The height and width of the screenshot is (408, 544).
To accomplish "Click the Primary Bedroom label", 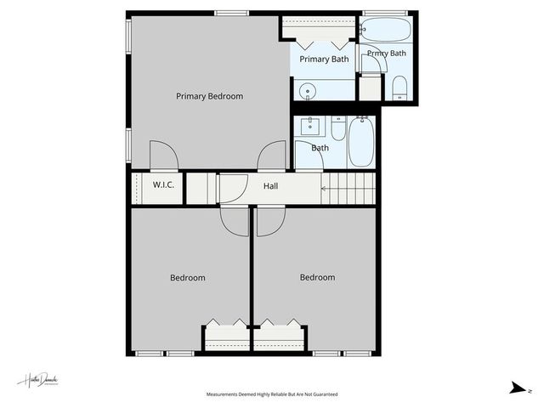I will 209,96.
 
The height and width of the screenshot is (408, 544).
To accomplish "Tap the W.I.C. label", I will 164,185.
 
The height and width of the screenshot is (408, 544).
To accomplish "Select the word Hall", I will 270,186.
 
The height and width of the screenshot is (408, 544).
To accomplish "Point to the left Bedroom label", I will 187,278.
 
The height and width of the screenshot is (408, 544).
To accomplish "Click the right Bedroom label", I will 317,277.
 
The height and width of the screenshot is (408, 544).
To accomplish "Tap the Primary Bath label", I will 324,59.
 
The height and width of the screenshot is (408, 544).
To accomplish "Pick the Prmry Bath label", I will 387,54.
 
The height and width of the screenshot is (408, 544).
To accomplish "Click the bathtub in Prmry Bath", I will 386,30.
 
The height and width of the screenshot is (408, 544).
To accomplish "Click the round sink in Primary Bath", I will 308,91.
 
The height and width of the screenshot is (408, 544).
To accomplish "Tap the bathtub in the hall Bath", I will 361,142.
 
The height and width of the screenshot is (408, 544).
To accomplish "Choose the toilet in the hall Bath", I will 338,129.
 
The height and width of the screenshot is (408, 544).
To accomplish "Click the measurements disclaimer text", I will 272,394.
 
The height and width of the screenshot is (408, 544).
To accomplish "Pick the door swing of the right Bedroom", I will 269,221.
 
